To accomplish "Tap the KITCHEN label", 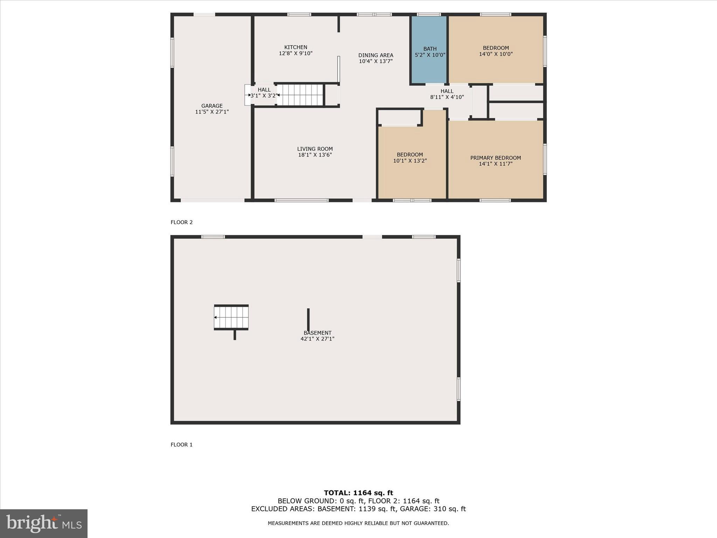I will pos(295,47).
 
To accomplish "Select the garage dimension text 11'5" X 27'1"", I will pos(212,112).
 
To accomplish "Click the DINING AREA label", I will pos(376,55).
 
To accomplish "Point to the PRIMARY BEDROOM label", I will pos(495,158).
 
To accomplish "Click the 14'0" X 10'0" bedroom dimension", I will pos(496,54).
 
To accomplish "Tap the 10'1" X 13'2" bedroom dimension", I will pos(410,161).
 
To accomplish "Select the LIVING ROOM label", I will pos(315,149).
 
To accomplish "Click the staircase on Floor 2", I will pos(300,95).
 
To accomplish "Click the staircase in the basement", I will pos(231,317).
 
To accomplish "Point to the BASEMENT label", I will pos(318,333).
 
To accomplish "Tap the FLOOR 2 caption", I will pos(181,222).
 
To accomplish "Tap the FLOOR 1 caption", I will pos(181,444).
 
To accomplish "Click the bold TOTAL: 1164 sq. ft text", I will pos(358,493).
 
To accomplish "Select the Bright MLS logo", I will pos(44,523).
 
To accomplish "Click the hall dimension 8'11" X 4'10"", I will pos(447,97).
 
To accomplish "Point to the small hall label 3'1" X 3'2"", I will pos(264,95).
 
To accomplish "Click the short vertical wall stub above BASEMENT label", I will pos(308,319).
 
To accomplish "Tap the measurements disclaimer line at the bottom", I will pos(358,523).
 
